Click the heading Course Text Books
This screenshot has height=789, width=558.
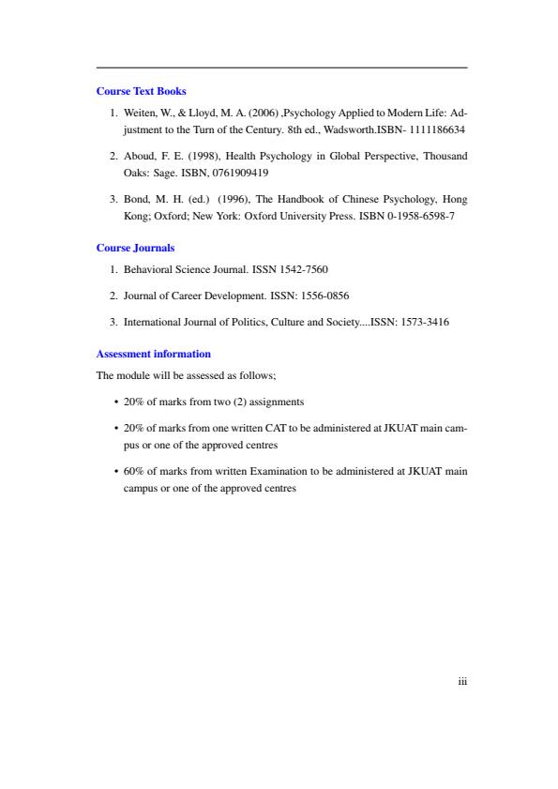tap(142, 91)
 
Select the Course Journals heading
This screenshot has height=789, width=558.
tap(136, 248)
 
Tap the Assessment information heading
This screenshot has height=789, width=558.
tap(154, 354)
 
